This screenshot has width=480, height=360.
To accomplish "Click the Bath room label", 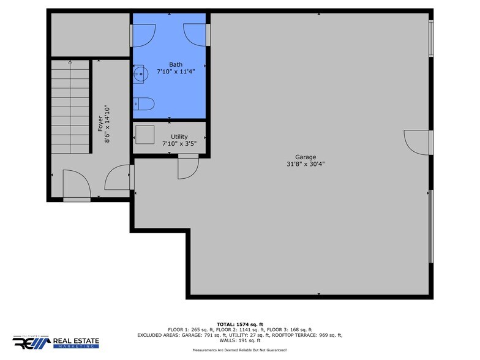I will point(175,64).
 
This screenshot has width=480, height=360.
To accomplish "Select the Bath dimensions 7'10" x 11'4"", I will point(175,72).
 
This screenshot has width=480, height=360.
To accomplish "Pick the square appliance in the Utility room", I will point(145,133).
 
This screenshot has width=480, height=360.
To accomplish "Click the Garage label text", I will point(306,157).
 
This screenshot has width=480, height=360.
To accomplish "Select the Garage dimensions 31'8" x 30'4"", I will point(306,163).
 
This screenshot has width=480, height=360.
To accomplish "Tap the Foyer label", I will point(100,124).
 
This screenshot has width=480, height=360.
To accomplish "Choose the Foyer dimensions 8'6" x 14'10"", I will point(108,124).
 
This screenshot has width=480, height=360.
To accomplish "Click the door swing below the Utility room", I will point(187,167).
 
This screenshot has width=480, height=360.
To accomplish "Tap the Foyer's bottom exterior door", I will point(77,186).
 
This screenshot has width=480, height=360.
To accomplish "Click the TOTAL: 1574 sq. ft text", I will point(239,324).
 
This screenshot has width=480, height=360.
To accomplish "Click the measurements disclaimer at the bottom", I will point(239,350).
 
